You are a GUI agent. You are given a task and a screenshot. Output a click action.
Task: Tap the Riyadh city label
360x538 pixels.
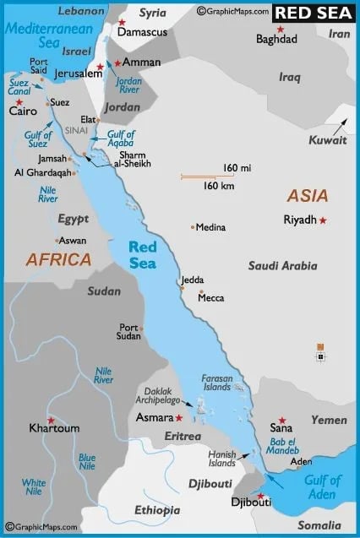tap(299, 220)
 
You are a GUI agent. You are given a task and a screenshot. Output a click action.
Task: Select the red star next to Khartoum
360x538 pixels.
tap(51, 420)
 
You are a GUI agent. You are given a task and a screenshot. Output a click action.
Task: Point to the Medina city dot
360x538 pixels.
tap(193, 227)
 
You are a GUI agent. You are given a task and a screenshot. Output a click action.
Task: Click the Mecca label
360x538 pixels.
tap(211, 298)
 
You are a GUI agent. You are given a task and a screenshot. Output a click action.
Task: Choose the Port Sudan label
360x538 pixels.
tap(129, 332)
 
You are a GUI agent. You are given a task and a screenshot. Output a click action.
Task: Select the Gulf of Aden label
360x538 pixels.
tap(323, 486)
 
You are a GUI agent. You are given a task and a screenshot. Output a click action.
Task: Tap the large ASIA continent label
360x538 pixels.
tap(308, 196)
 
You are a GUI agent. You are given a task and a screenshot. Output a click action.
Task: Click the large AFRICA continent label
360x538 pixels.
tap(58, 259)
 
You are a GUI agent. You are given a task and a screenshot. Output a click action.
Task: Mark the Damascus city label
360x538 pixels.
tap(142, 32)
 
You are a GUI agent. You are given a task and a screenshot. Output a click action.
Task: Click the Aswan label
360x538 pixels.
tap(72, 241)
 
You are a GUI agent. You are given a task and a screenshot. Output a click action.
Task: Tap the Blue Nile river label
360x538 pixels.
tap(87, 461)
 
